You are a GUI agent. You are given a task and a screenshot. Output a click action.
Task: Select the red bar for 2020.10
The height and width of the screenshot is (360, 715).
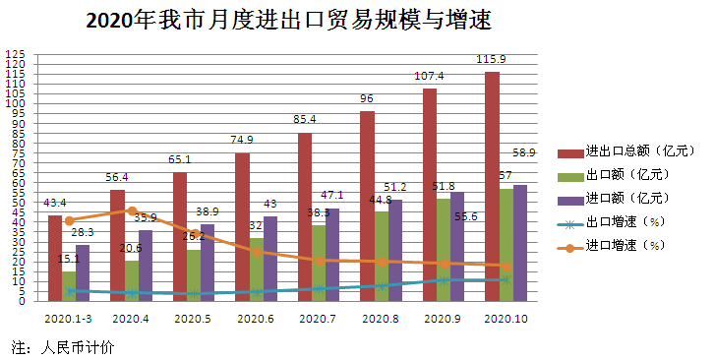[x=492, y=187]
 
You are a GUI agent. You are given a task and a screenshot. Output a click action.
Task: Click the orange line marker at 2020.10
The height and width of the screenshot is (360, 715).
[x=506, y=267]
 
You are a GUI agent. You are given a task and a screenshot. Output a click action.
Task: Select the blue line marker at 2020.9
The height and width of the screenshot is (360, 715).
[x=444, y=280]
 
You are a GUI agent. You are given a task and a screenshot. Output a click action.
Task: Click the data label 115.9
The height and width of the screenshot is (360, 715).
[x=492, y=59]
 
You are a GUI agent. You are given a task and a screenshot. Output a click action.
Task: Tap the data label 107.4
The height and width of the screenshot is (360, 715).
[x=429, y=76]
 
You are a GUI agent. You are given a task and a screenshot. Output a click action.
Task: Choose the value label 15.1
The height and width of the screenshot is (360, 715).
[x=69, y=260]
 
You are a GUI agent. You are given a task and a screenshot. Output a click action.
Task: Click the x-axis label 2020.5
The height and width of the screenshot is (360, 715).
[x=193, y=318]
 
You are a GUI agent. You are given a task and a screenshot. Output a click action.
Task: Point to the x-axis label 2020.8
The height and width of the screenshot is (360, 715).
[x=381, y=318]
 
